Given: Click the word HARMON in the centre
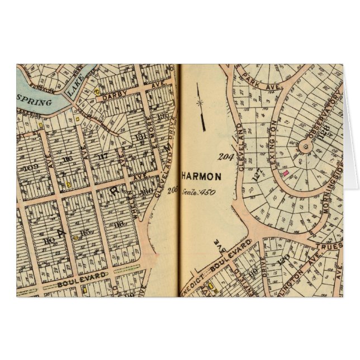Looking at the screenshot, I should pyautogui.click(x=201, y=177).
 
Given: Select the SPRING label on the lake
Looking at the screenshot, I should pyautogui.click(x=35, y=102).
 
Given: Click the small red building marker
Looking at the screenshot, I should pyautogui.click(x=285, y=174).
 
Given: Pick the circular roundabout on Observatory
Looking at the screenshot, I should pyautogui.click(x=305, y=147).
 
